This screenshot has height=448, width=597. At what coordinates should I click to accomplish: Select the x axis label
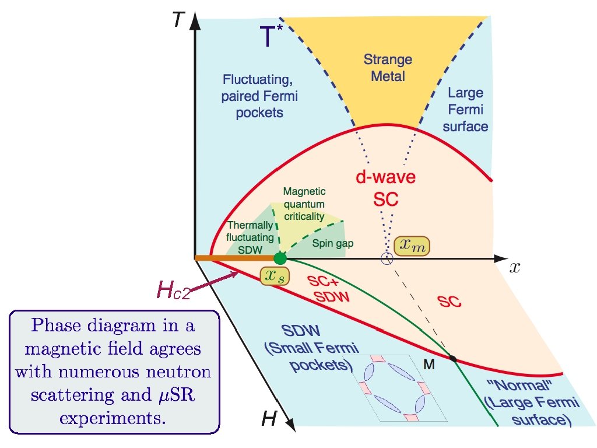pos(514,267)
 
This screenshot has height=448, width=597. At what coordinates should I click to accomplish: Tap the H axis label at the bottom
pos(269,418)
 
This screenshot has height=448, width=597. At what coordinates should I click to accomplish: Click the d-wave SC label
pos(386,188)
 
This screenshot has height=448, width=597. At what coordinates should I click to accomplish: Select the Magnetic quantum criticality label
pos(303,204)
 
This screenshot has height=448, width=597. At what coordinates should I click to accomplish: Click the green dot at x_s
pos(280,258)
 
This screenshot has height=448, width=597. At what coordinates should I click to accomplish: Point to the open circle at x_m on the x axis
pos(386,259)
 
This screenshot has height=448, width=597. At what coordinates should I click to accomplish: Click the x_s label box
pos(272,278)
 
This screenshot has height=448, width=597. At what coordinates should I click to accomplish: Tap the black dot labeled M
pos(453,357)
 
